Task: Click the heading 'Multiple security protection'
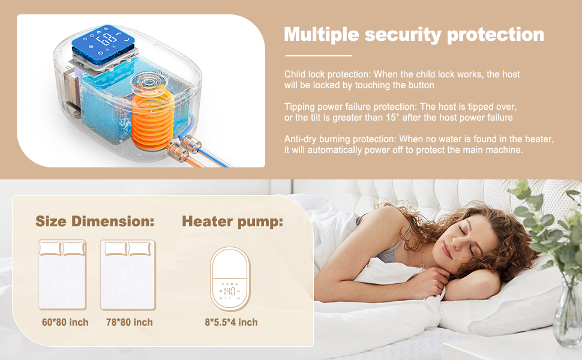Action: coord(414,34)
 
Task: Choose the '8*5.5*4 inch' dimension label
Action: coord(231,322)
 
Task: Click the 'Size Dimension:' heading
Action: coord(95,221)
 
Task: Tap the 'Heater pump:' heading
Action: coord(233,221)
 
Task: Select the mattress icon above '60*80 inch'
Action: coord(62,274)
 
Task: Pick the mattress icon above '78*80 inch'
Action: coord(127,274)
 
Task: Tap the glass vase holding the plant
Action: coord(568,312)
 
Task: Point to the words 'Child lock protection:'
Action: coord(327,74)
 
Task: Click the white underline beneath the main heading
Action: coord(318,55)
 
